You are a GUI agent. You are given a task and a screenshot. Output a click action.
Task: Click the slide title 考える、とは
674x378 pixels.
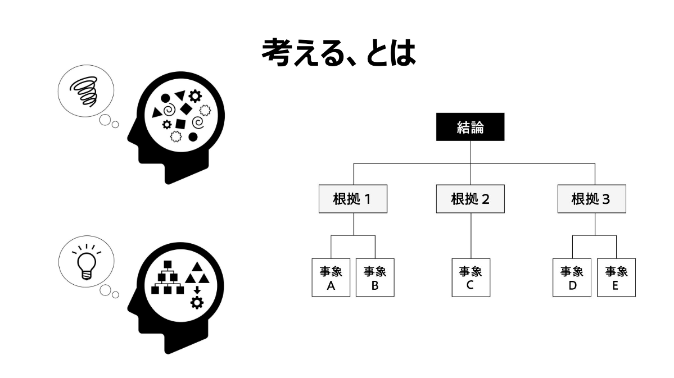click(338, 52)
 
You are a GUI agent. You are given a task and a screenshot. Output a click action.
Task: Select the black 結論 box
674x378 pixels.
click(470, 127)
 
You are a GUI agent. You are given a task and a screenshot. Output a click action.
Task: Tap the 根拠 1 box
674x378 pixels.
click(353, 199)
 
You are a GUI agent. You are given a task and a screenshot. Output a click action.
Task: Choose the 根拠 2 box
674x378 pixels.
click(470, 199)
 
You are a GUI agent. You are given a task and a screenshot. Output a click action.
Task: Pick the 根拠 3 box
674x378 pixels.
click(591, 199)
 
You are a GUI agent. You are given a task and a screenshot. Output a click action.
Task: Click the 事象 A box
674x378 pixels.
click(331, 277)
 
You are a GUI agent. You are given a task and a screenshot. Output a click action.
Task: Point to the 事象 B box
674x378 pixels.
click(375, 277)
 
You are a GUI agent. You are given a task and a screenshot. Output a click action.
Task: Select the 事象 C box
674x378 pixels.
click(471, 277)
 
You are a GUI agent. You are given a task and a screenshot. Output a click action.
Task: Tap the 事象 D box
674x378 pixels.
click(572, 277)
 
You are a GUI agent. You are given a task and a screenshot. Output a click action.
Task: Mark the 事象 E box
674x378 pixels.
click(616, 277)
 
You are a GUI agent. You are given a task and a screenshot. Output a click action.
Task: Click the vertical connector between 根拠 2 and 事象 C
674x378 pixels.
click(471, 236)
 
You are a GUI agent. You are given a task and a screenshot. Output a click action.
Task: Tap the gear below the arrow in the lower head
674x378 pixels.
click(197, 303)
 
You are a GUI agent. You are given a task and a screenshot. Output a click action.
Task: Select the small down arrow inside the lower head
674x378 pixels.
click(197, 290)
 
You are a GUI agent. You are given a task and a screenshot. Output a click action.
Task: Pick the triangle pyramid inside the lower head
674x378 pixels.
click(197, 273)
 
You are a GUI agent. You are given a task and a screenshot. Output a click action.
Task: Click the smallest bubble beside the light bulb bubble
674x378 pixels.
click(115, 294)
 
